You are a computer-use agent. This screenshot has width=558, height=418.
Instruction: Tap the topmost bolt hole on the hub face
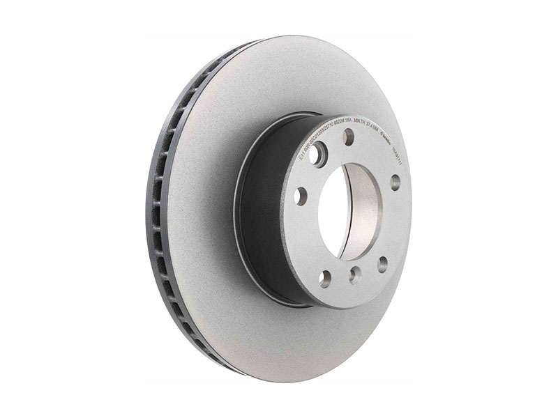[x=348, y=137]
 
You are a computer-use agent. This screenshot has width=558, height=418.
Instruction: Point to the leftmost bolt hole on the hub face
[x=301, y=196]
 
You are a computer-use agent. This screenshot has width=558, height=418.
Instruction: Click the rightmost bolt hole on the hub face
[x=395, y=183]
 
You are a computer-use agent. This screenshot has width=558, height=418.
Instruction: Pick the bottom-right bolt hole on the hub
[x=382, y=263]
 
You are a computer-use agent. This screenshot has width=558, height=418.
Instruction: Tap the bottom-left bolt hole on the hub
[x=325, y=279]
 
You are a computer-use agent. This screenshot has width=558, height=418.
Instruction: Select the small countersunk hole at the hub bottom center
[x=354, y=274]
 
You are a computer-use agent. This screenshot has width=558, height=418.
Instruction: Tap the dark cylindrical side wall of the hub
[x=269, y=209]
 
